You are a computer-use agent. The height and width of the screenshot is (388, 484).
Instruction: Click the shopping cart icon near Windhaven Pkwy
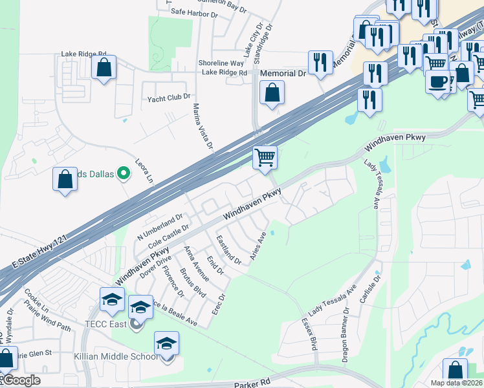(x=265, y=157)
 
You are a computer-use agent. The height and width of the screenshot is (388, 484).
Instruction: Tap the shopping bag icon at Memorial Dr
(x=272, y=92)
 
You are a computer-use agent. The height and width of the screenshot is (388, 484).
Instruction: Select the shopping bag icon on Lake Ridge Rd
(x=104, y=67)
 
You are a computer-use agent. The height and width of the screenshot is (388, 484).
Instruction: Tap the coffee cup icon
(x=438, y=81)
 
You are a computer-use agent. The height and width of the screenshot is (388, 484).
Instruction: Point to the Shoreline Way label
(x=223, y=63)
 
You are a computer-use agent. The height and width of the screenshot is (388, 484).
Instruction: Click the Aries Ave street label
(x=258, y=247)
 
